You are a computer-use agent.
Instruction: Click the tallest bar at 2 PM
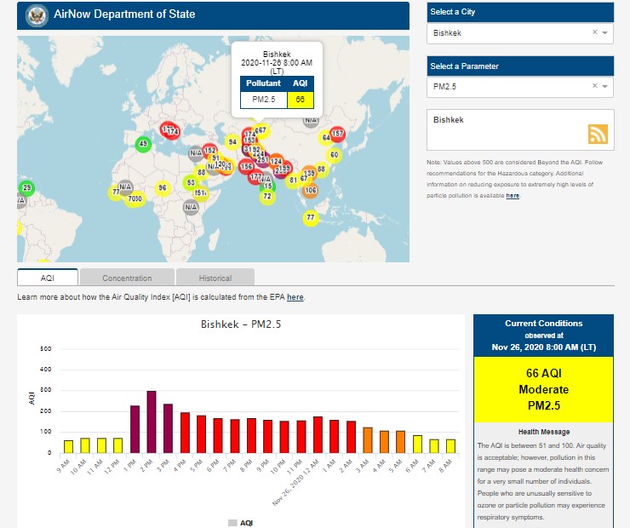tap(152, 422)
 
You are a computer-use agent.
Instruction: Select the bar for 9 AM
tap(68, 446)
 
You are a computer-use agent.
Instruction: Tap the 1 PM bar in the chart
tap(135, 429)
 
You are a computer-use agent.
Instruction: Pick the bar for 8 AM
tap(450, 445)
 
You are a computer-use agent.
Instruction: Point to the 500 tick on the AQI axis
tap(46, 349)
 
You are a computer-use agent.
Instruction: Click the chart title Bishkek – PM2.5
tap(241, 324)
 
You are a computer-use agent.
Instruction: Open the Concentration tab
tap(127, 278)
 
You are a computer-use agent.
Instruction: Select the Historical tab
tap(215, 278)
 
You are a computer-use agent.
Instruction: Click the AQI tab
tap(48, 278)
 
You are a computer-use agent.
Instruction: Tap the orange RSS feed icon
tap(598, 134)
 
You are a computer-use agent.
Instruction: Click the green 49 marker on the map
tap(143, 144)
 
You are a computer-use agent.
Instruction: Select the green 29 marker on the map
tap(26, 187)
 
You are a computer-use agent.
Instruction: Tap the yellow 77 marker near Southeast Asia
tap(311, 218)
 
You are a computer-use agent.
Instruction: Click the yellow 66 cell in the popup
tap(300, 99)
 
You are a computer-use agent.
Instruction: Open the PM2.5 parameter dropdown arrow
tap(604, 86)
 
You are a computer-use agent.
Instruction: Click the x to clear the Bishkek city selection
tap(595, 32)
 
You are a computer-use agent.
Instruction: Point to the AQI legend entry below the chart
tap(241, 522)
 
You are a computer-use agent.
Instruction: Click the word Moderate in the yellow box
tap(542, 389)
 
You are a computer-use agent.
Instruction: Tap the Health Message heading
tap(542, 432)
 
